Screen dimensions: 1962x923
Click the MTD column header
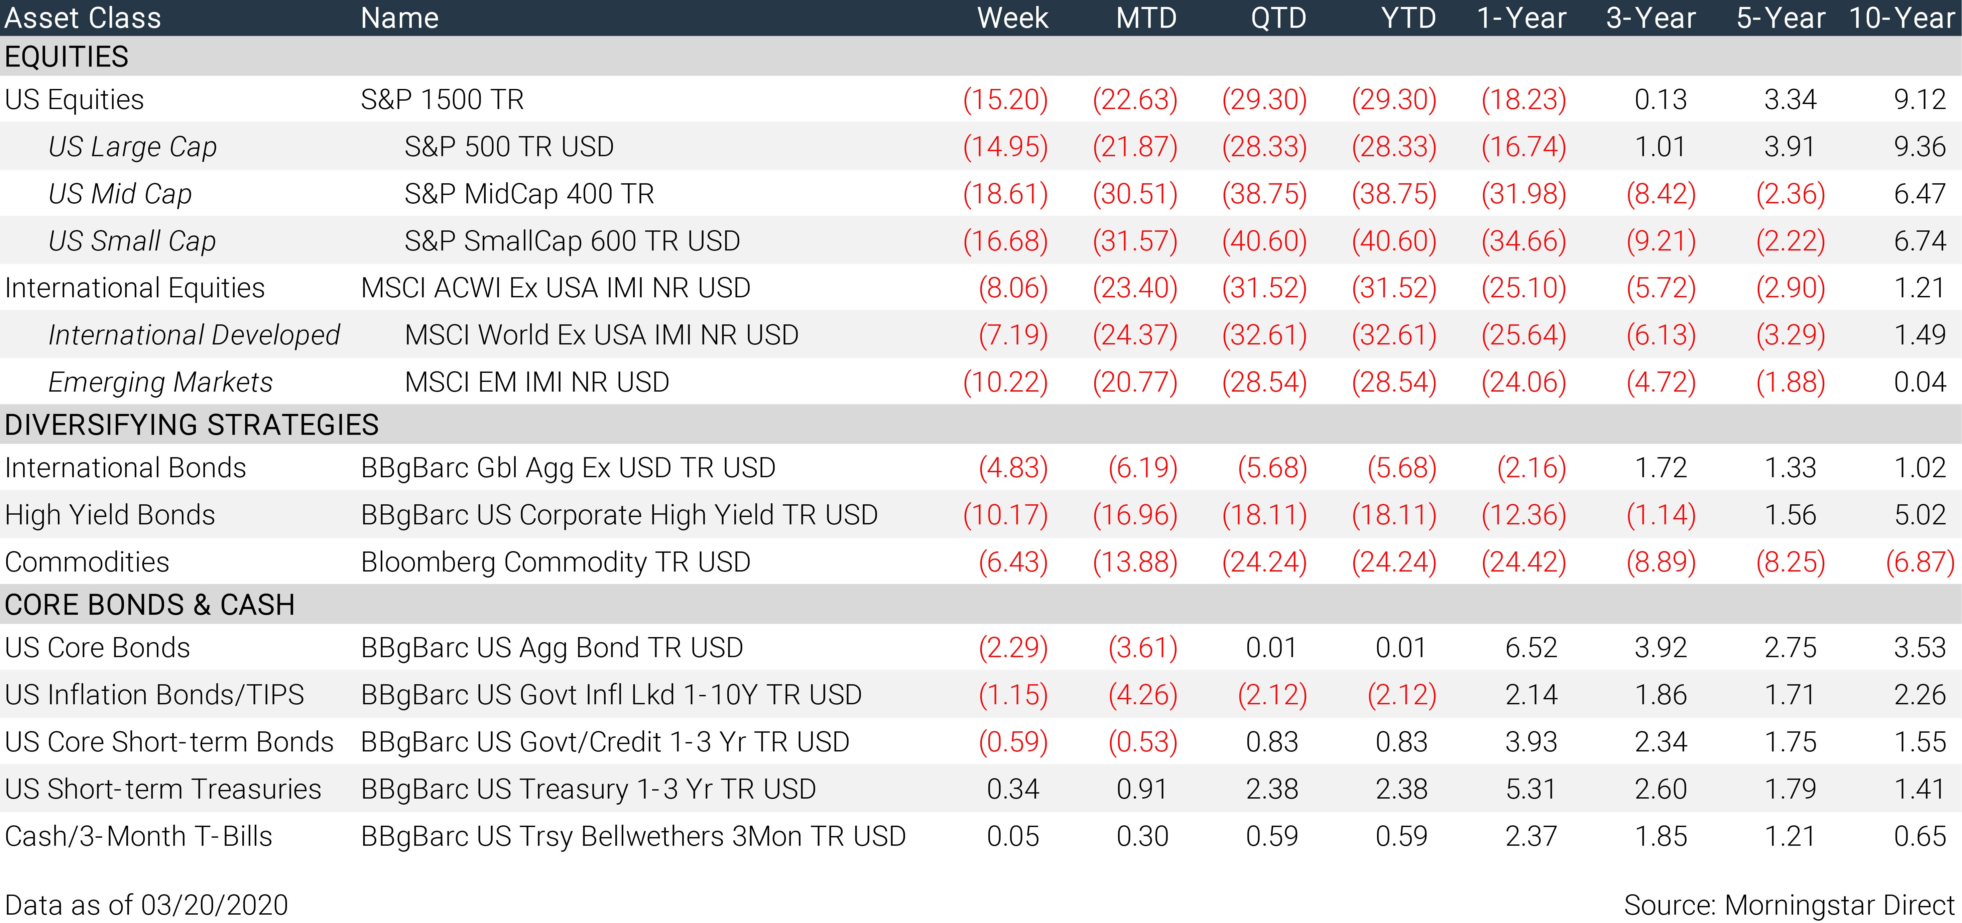click(x=1146, y=17)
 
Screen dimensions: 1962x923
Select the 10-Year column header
click(x=1902, y=17)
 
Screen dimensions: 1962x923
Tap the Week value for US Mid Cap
click(x=1005, y=194)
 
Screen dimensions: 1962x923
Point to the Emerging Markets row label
click(x=160, y=382)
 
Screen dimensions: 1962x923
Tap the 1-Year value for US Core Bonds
click(x=1531, y=647)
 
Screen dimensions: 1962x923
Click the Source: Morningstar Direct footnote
click(x=1789, y=905)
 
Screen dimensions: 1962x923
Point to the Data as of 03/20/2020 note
click(x=146, y=905)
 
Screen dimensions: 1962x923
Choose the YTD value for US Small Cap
click(x=1394, y=241)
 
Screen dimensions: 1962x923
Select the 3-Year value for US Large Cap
click(x=1661, y=146)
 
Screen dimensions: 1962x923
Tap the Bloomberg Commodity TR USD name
click(x=555, y=562)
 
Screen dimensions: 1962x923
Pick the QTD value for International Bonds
click(x=1272, y=467)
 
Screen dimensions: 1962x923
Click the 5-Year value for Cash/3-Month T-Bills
click(x=1790, y=836)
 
